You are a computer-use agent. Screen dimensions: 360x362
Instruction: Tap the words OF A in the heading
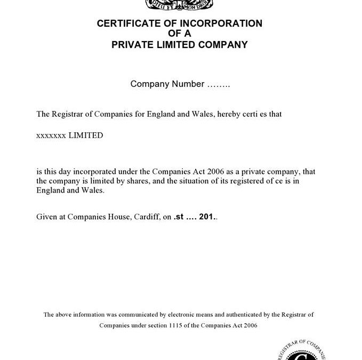[x=179, y=34]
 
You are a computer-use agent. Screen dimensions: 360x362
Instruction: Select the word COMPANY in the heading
[x=223, y=45]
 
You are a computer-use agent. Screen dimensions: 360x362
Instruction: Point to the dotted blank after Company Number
[x=218, y=84]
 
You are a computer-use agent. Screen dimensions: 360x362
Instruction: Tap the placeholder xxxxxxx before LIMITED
[x=51, y=135]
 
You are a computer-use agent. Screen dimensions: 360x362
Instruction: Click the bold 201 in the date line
[x=206, y=218]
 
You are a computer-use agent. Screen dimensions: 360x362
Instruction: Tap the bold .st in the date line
[x=179, y=218]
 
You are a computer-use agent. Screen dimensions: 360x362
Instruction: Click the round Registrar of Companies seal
[x=302, y=349]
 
